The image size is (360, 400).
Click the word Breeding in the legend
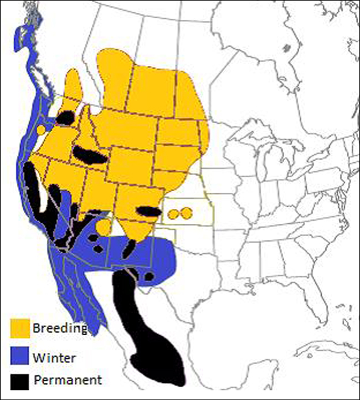[59, 328]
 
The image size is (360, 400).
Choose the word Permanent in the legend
[68, 380]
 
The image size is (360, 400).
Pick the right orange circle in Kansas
[186, 212]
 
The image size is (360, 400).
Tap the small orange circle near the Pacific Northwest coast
[42, 130]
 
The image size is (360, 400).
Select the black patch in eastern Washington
[68, 117]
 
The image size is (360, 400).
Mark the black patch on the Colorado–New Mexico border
[147, 211]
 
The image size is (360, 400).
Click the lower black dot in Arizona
[97, 248]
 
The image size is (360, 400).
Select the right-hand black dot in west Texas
[149, 276]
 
